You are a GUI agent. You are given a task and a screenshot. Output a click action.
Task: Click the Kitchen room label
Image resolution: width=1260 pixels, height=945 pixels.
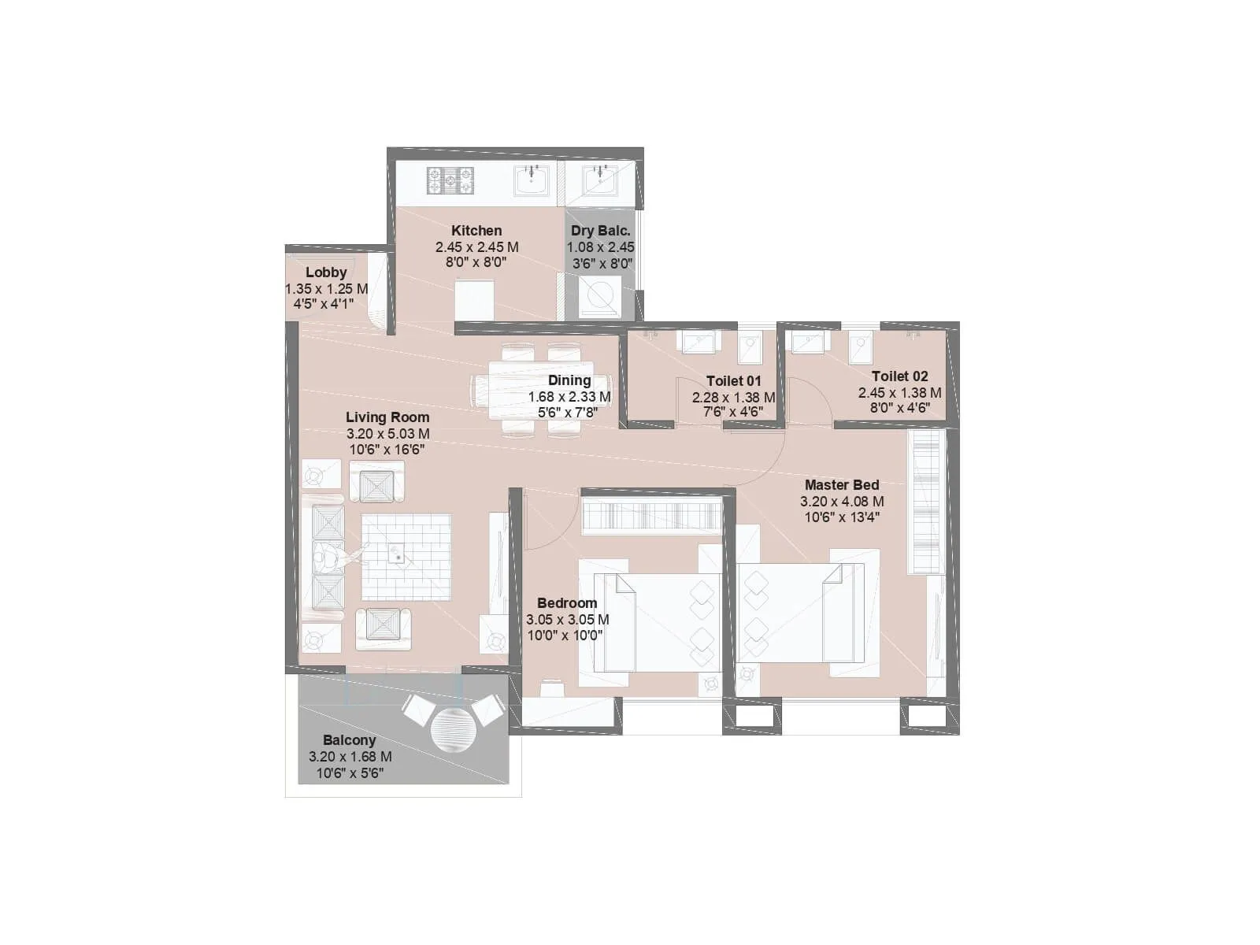pyautogui.click(x=476, y=231)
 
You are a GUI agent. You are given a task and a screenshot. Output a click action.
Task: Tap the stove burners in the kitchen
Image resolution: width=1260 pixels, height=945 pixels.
pyautogui.click(x=450, y=180)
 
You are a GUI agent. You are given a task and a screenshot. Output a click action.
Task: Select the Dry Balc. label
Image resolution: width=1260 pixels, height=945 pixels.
pyautogui.click(x=601, y=231)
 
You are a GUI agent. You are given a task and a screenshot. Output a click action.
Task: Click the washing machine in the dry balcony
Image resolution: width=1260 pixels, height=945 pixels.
pyautogui.click(x=601, y=296)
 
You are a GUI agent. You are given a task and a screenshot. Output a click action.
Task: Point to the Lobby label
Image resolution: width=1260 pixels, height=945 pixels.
pyautogui.click(x=326, y=272)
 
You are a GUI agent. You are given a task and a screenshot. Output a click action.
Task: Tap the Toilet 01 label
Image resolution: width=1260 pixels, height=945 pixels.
pyautogui.click(x=733, y=381)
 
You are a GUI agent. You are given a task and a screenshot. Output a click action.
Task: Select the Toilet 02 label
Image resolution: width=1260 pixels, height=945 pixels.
pyautogui.click(x=899, y=376)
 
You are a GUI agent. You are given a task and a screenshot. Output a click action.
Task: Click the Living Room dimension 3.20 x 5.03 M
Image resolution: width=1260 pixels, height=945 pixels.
pyautogui.click(x=387, y=434)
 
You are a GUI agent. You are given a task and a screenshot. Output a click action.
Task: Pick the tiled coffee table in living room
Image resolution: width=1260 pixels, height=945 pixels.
pyautogui.click(x=406, y=557)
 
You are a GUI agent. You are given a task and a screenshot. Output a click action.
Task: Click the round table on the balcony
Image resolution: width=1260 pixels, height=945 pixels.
pyautogui.click(x=450, y=728)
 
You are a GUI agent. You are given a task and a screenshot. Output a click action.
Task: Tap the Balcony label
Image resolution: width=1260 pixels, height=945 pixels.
pyautogui.click(x=349, y=740)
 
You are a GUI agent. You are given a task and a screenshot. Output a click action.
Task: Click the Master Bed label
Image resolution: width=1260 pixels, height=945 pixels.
pyautogui.click(x=842, y=485)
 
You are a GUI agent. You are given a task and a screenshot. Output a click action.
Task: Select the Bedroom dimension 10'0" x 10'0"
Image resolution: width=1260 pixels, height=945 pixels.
pyautogui.click(x=565, y=636)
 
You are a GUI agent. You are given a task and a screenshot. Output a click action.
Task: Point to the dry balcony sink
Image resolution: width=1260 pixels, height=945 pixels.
pyautogui.click(x=601, y=180)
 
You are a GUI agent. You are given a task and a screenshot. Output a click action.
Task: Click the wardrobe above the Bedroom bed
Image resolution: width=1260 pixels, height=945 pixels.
pyautogui.click(x=651, y=518)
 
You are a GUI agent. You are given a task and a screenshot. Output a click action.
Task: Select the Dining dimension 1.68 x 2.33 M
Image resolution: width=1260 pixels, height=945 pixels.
pyautogui.click(x=569, y=397)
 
